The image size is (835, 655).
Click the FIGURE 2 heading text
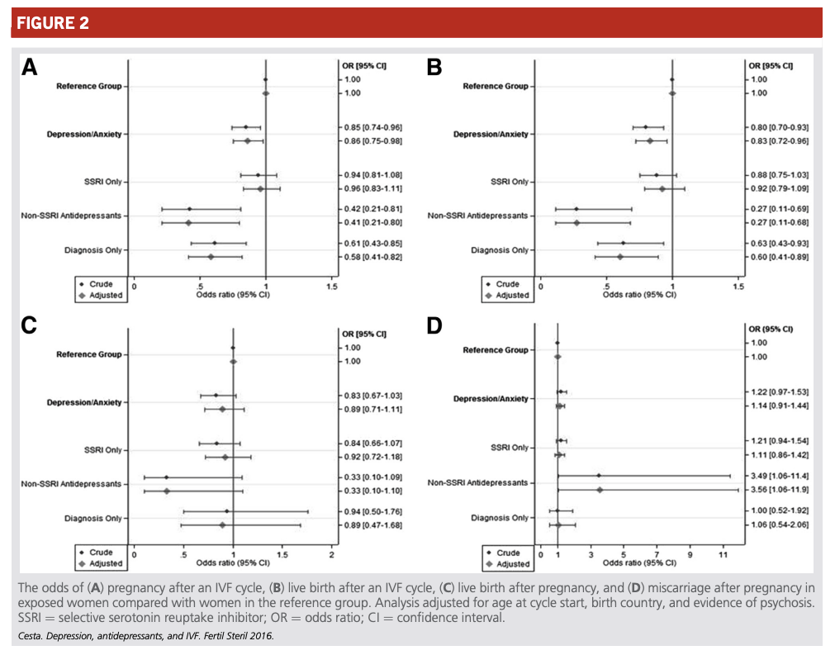[53, 23]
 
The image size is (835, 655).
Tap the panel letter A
[29, 69]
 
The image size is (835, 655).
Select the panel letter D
[434, 325]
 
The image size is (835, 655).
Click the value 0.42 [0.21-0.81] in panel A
[372, 209]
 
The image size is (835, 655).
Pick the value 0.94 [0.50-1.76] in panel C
[372, 512]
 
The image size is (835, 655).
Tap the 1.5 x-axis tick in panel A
[332, 287]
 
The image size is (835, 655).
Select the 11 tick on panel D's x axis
[724, 555]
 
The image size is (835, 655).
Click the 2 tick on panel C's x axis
[332, 555]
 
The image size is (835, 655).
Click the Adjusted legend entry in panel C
[100, 563]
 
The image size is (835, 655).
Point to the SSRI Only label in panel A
[102, 182]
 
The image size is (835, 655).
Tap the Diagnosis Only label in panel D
[500, 518]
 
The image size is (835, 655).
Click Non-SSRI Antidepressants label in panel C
[71, 484]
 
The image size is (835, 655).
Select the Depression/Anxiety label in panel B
[491, 134]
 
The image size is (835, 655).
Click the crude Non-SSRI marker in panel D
[599, 476]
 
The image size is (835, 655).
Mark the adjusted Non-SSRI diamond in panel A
[188, 222]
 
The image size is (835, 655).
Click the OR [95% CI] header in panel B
[771, 66]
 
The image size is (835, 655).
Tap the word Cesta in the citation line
[29, 636]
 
